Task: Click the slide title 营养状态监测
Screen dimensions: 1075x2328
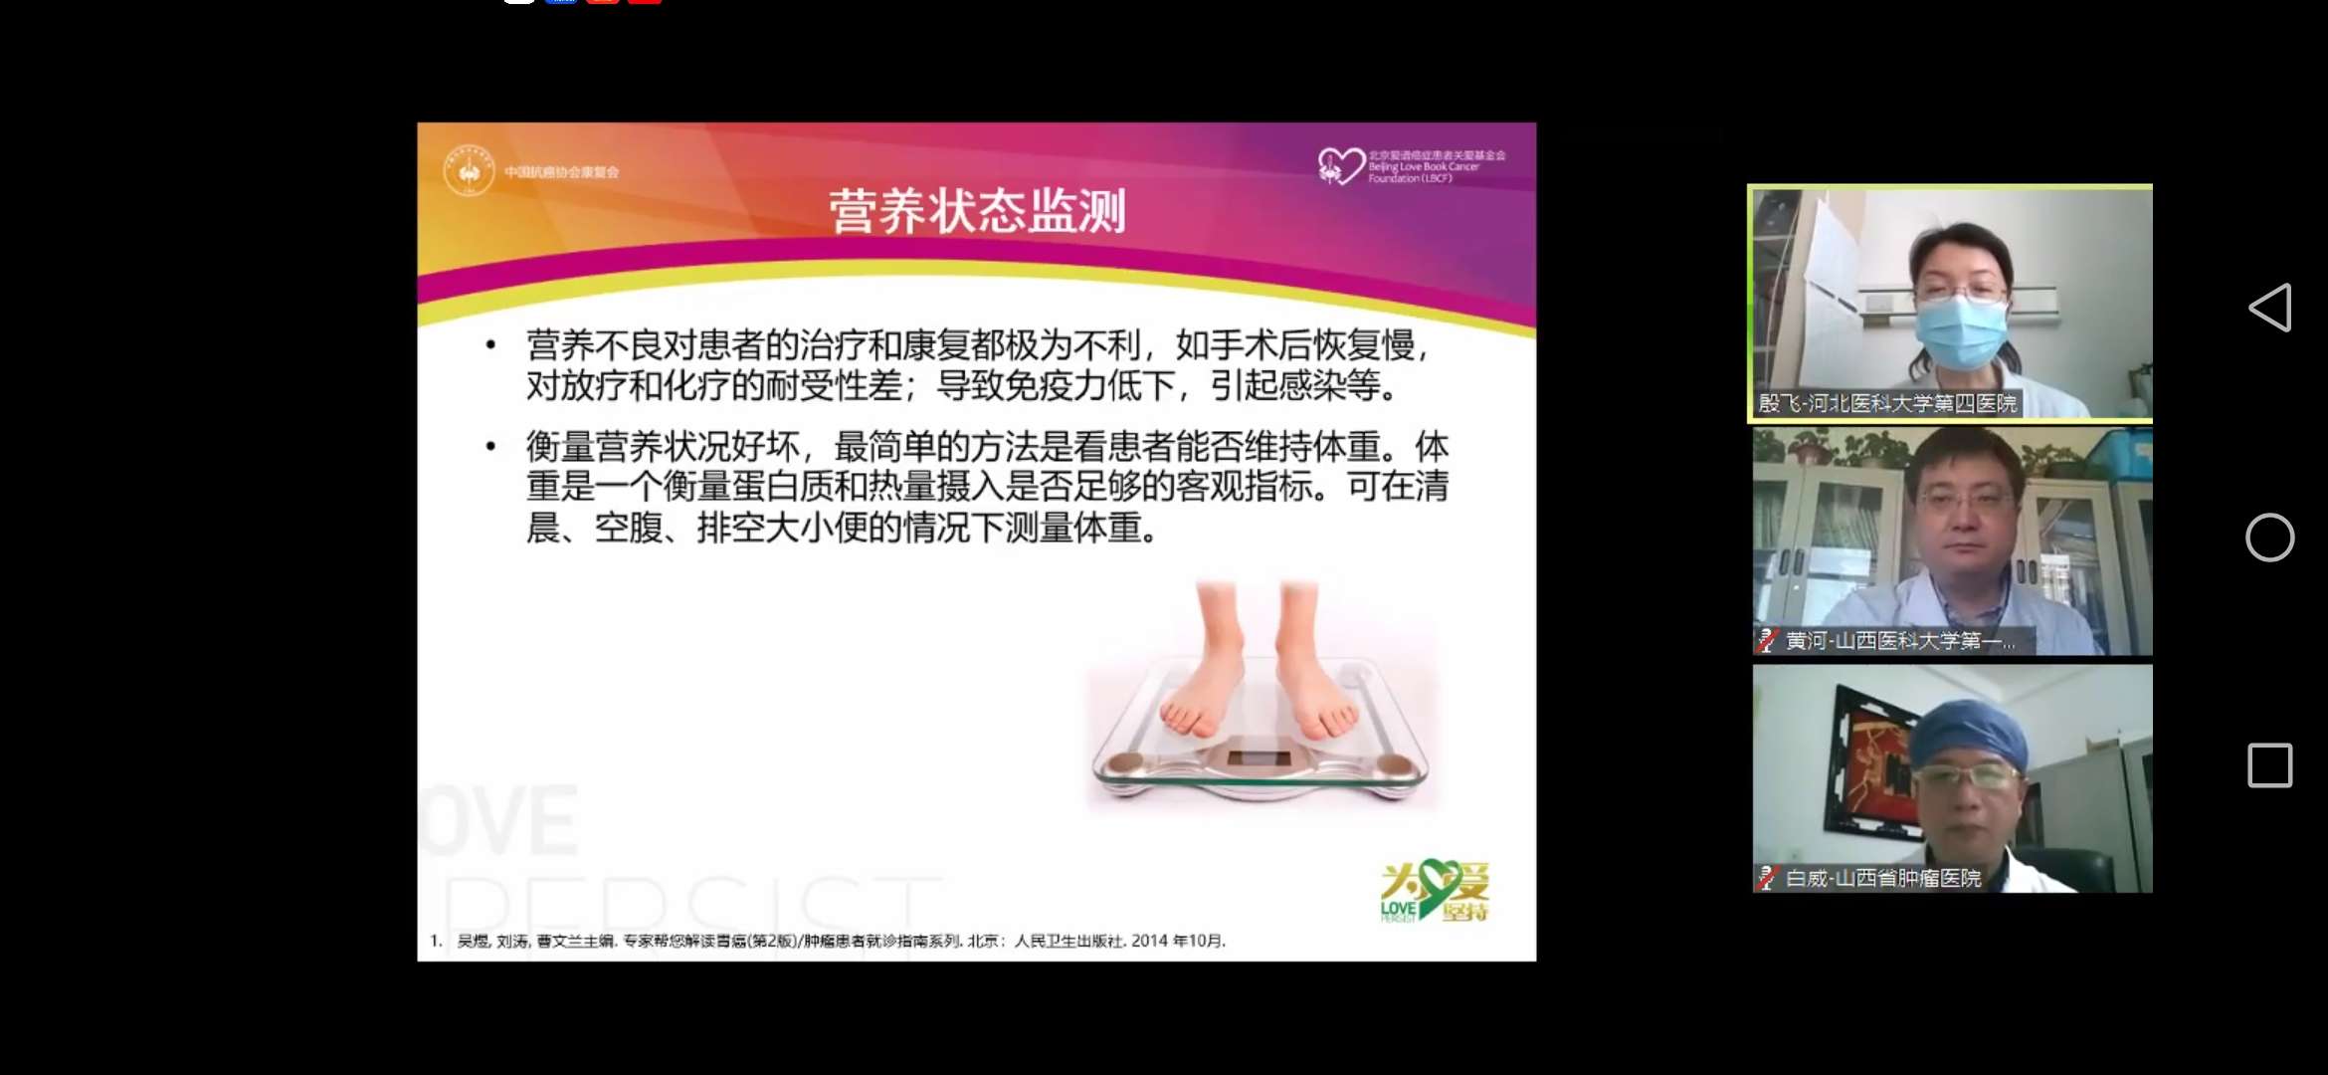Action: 977,211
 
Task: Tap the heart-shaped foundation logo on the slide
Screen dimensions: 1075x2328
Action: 1340,165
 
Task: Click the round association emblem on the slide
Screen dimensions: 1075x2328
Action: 469,171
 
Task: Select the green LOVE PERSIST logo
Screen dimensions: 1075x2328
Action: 1434,891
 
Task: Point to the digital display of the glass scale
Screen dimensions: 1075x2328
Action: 1259,757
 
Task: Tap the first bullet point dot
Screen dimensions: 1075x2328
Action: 490,345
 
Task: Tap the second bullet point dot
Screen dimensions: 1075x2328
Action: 490,446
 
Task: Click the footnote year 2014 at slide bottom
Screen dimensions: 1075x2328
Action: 1149,941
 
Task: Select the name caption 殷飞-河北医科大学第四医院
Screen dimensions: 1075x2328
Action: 1886,403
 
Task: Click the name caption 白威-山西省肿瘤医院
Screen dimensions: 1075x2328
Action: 1882,878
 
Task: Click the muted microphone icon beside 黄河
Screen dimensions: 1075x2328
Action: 1768,641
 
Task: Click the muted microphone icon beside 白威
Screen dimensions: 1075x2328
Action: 1768,878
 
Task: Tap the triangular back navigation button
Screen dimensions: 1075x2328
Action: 2270,308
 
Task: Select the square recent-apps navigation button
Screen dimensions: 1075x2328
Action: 2270,765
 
